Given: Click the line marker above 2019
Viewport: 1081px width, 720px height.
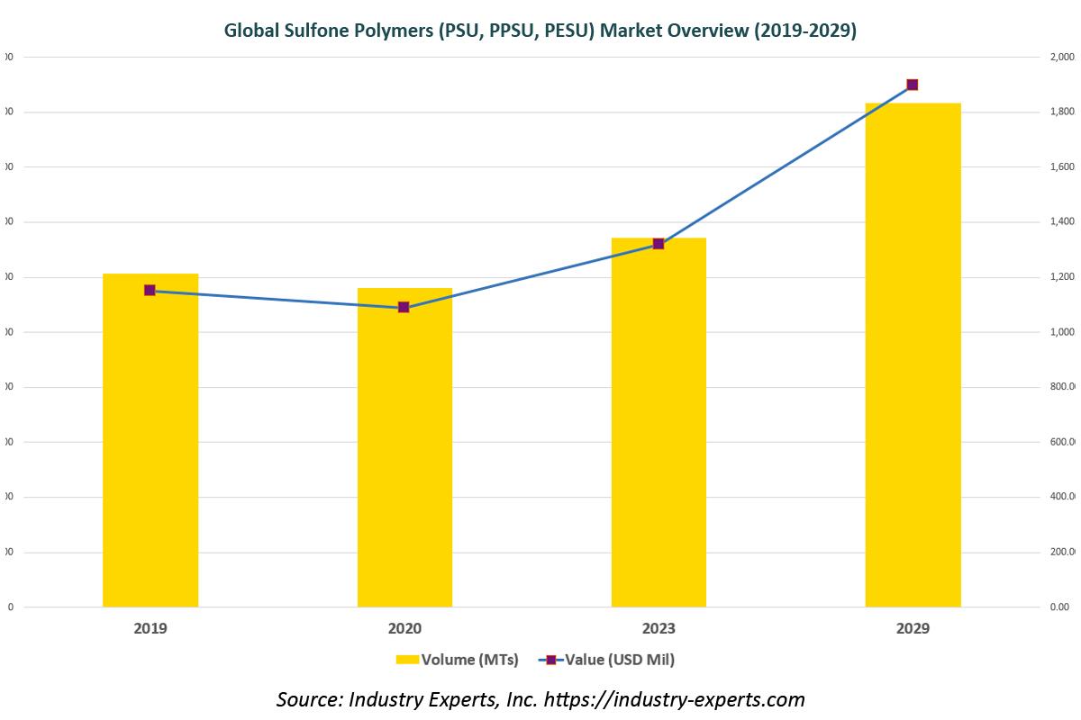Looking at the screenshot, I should tap(150, 291).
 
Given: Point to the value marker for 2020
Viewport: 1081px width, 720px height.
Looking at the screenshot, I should tap(404, 308).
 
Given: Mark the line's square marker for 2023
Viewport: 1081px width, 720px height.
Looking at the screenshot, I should tap(658, 244).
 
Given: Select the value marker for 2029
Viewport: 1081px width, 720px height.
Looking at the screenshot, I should tap(912, 85).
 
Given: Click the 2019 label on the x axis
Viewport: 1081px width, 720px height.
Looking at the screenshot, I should tap(150, 628).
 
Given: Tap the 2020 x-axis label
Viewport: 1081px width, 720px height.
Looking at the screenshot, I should tap(404, 628).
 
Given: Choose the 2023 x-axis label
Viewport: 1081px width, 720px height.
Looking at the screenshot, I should tap(659, 628).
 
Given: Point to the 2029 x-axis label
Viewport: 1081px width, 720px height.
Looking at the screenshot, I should tap(913, 628).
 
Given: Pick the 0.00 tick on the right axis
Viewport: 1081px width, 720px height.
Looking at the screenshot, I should tap(1059, 607).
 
